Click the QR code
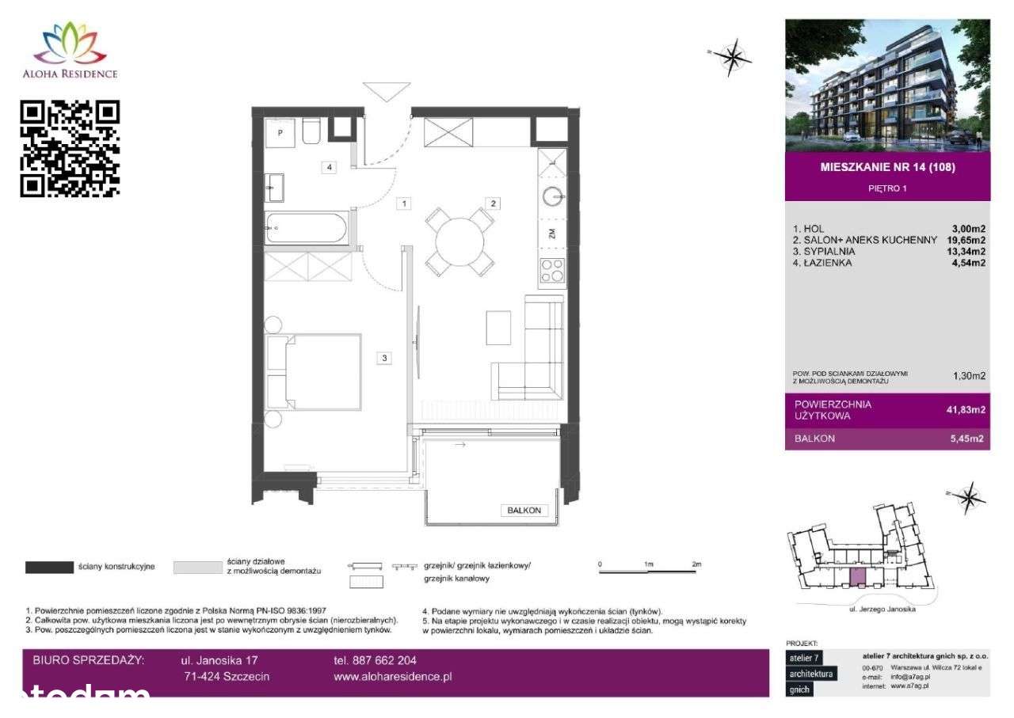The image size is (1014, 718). [70, 148]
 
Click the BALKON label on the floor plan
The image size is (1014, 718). [524, 511]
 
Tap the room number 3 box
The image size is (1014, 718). [384, 358]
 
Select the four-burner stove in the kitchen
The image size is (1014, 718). [552, 271]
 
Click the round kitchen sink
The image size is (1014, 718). [553, 196]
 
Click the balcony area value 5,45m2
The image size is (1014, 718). [969, 439]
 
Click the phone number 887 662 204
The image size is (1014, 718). [375, 660]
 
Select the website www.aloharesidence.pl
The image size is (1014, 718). [393, 677]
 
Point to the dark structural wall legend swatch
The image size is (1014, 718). [50, 567]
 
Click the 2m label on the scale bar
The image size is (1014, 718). [696, 564]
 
